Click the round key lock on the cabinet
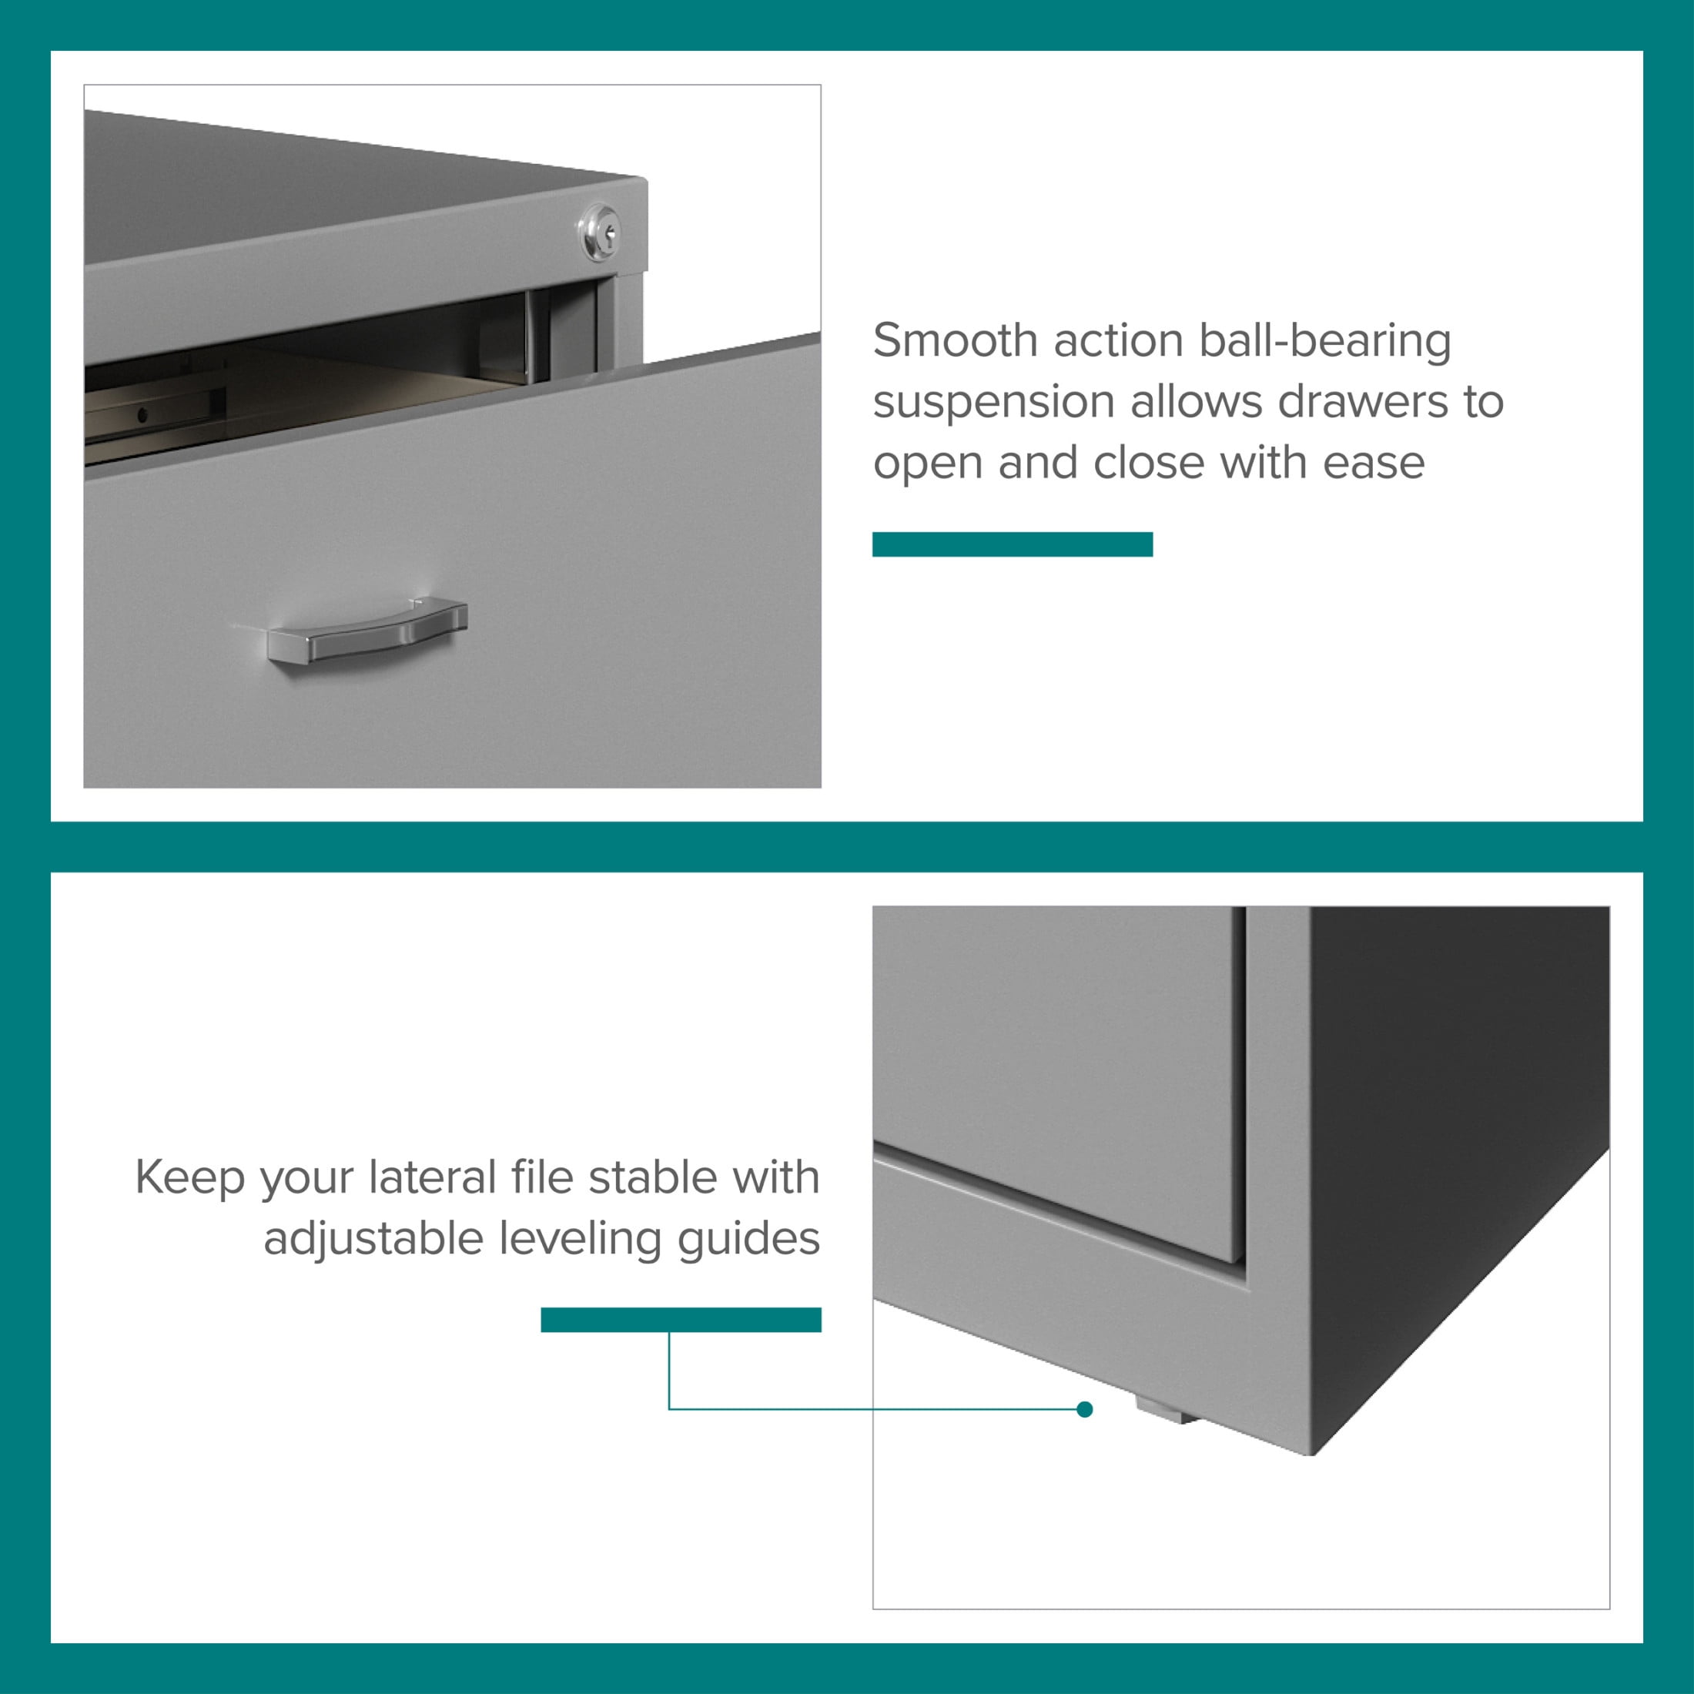(600, 232)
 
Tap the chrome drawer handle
(367, 630)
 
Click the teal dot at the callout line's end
(1085, 1409)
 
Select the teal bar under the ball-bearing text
(1012, 544)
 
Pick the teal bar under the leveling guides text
(681, 1320)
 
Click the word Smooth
(955, 340)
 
